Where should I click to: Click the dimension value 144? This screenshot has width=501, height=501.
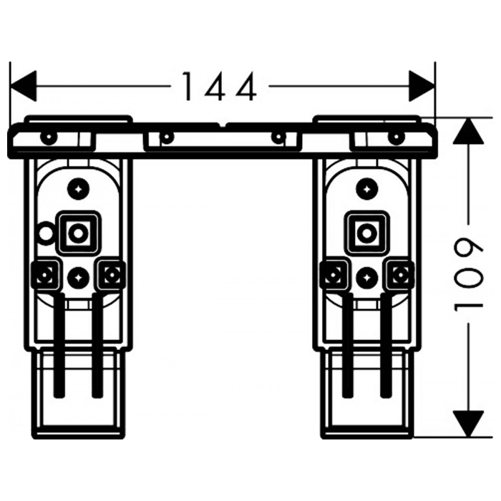coord(218,87)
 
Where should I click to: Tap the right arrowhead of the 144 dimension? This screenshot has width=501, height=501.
coord(422,86)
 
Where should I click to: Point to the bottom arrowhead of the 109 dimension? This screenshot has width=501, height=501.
coord(469,424)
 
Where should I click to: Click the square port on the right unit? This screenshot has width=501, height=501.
coord(366,232)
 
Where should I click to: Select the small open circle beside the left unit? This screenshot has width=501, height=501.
coord(46,232)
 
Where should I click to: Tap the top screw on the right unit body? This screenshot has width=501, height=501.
coord(366,189)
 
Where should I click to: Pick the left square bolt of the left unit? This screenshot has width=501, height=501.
coord(46,274)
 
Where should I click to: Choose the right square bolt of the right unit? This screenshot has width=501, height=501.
coord(399,274)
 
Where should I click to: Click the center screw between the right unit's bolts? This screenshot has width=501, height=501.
coord(366,276)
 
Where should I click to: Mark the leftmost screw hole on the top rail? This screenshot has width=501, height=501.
coord(48,137)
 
